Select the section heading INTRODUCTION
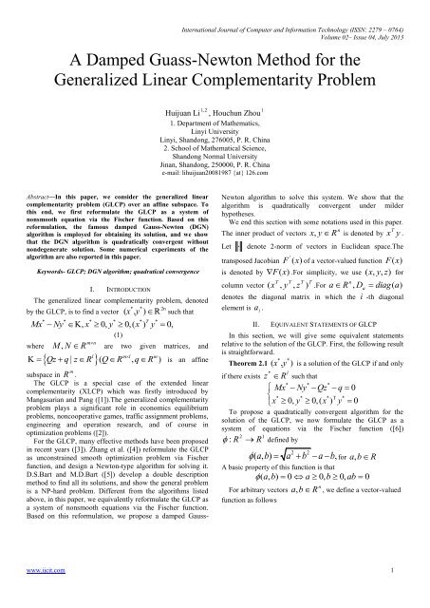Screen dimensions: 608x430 point(135,284)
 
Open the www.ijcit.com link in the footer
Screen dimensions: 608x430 point(34,595)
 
